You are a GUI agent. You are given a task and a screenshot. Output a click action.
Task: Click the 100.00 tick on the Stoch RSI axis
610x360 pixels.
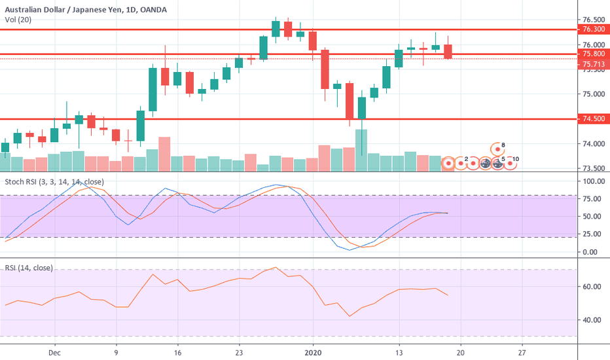pos(591,181)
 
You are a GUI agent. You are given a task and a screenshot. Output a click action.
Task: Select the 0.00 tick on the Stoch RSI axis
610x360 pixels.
pos(591,252)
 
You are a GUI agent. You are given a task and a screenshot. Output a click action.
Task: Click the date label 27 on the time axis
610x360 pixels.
pos(522,351)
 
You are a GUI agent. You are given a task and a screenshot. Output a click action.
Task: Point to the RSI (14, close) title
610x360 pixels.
pos(28,268)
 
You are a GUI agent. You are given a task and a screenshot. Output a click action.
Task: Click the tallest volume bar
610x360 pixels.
pos(361,151)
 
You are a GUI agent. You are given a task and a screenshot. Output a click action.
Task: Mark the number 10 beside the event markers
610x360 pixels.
pos(516,159)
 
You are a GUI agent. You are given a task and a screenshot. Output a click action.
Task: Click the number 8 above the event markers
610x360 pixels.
pos(503,145)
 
